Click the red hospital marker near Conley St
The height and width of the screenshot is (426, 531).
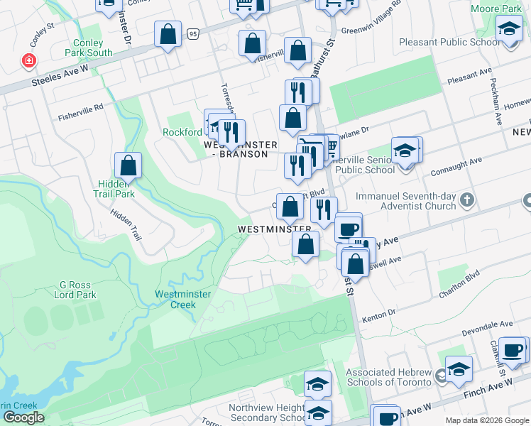click(x=29, y=61)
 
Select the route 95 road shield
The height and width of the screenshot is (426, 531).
click(x=193, y=33)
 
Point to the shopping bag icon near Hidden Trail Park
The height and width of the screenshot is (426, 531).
click(x=128, y=166)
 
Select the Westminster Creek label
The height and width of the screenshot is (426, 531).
click(x=175, y=299)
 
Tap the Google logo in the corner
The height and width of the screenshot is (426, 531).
click(x=23, y=417)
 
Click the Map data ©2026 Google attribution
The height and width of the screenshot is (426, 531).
click(x=486, y=420)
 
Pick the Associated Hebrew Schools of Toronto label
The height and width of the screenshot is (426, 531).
click(x=388, y=377)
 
